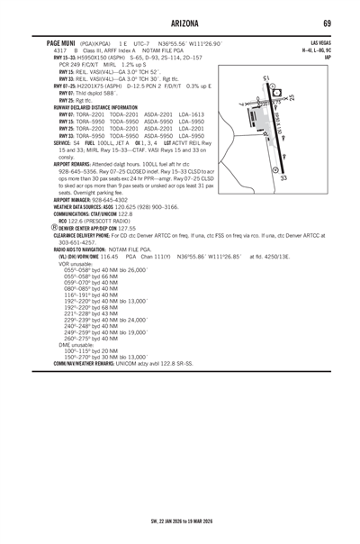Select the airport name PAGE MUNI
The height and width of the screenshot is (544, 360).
click(x=61, y=42)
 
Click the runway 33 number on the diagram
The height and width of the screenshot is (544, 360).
click(x=283, y=178)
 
